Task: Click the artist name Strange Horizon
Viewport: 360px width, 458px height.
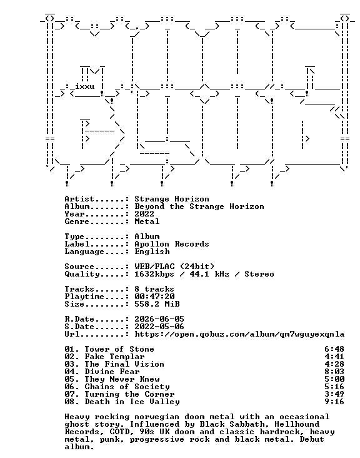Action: (171, 199)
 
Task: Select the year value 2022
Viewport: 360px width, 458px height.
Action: (144, 214)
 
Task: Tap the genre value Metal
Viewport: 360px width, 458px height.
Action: (147, 221)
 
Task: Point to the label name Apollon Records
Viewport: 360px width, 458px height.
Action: (171, 244)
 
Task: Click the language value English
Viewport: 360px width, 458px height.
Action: (152, 252)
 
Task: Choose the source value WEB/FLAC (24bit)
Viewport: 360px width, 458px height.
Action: (174, 267)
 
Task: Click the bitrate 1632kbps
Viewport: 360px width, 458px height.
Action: (154, 274)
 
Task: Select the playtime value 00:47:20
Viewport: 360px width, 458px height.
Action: (154, 297)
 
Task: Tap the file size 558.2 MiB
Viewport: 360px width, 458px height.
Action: (157, 304)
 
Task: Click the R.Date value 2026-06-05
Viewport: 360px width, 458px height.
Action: (159, 319)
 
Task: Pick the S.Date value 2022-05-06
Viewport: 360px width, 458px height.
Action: (159, 327)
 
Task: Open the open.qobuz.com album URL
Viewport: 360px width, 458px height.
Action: (239, 335)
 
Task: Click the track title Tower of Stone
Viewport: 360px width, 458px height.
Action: (119, 349)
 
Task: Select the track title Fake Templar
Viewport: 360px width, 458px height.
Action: (114, 357)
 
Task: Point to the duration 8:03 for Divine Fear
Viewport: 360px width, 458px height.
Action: (334, 372)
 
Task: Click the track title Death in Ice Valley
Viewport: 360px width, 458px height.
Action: (132, 402)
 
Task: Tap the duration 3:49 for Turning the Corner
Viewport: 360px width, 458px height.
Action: (334, 394)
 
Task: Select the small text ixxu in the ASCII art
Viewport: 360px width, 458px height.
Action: (84, 86)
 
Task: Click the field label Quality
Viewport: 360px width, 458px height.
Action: (82, 275)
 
